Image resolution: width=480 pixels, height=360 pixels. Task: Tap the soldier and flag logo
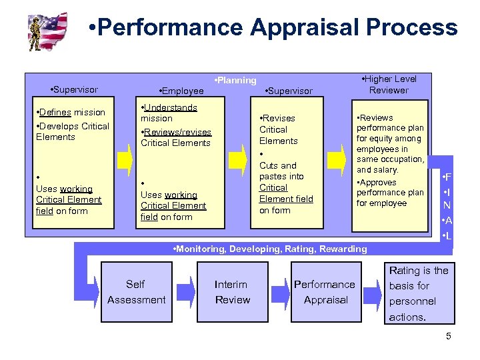pos(48,31)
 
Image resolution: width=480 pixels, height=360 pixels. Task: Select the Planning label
pos(235,80)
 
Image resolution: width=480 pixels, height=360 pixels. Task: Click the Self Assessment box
pos(136,292)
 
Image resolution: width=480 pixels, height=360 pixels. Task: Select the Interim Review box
pos(231,292)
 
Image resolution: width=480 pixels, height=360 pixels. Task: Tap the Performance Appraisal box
pos(325,292)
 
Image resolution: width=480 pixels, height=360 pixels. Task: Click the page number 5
pos(448,336)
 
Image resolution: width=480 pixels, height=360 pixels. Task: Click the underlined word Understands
pos(171,107)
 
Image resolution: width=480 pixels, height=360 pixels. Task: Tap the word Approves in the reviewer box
pos(379,182)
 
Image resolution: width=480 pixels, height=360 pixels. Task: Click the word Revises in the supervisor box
pos(279,118)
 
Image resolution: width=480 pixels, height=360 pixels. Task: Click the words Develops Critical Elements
pos(73,131)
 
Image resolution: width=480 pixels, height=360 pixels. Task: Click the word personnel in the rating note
pos(413,301)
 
